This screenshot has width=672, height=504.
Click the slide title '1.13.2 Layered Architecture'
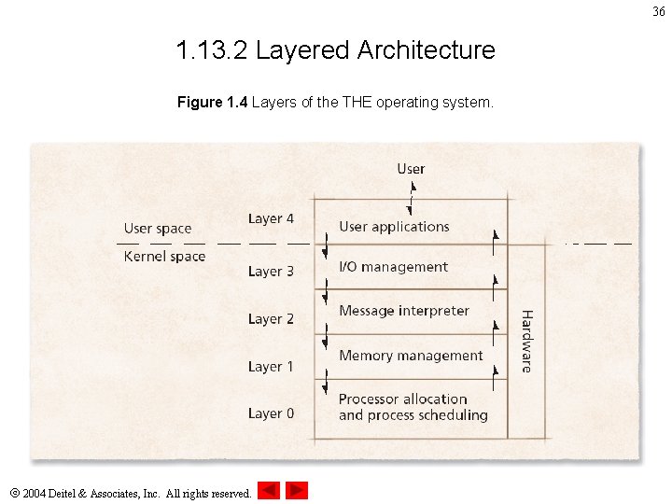point(335,49)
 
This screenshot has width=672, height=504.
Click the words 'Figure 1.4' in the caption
point(212,102)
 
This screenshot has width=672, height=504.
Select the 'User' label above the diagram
point(411,169)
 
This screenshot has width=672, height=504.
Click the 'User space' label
point(158,229)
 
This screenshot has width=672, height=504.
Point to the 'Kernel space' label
point(164,257)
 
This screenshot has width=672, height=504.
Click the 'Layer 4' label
point(271,218)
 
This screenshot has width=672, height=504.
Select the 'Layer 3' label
point(271,272)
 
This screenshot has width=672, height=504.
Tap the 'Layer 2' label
point(271,319)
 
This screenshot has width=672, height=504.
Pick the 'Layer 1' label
point(271,367)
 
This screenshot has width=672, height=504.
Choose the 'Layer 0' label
point(271,413)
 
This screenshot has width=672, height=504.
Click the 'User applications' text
point(394,227)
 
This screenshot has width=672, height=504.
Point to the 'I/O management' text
point(393,267)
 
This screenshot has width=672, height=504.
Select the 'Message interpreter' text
point(404,311)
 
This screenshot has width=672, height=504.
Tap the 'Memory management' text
point(411,356)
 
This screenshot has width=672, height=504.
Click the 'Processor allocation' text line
point(402,399)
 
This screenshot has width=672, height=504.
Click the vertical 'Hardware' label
point(526,342)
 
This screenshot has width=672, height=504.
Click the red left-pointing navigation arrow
point(269,490)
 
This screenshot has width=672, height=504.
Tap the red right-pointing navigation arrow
point(297,490)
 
